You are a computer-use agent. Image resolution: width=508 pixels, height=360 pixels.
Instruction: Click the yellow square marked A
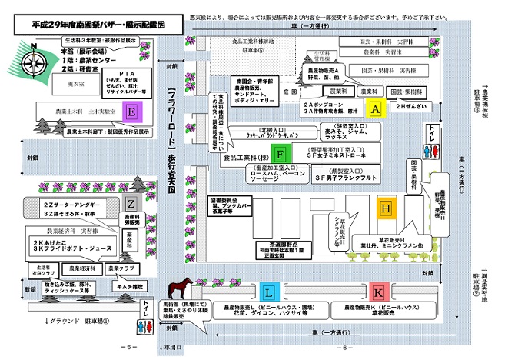[375, 108]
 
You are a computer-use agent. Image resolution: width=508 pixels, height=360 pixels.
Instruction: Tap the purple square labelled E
[133, 112]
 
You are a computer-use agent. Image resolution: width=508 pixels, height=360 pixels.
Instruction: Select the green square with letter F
[281, 152]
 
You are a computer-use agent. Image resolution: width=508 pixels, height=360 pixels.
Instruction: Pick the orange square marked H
[386, 208]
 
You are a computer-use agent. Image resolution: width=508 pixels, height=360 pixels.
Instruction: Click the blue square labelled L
[268, 292]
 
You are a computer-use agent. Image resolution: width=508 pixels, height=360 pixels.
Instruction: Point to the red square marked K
[377, 292]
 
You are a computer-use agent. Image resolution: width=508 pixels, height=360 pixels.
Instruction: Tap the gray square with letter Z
[131, 203]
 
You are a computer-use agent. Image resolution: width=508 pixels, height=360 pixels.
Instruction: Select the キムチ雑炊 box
[123, 286]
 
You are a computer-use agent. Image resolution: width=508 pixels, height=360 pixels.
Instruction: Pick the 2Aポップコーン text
[323, 102]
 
